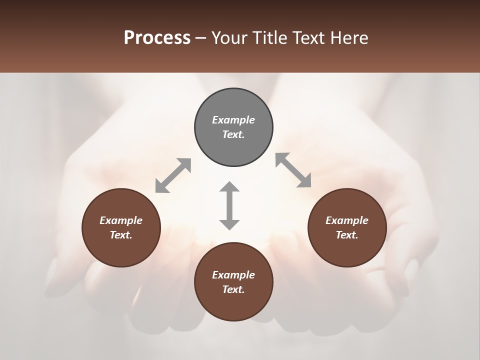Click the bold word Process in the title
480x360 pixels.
point(157,38)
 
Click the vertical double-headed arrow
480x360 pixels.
point(229,205)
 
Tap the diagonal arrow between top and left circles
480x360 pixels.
point(173,175)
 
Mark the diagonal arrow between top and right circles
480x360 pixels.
point(293,170)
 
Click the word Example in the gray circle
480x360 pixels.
point(233,120)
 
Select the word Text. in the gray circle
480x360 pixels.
point(233,134)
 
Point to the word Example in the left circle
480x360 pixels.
point(121,220)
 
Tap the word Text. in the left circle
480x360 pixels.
point(121,235)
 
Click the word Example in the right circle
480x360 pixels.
point(347,220)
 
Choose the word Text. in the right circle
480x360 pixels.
point(347,235)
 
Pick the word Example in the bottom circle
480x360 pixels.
point(233,275)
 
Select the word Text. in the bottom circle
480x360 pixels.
point(233,289)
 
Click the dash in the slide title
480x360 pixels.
point(201,38)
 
